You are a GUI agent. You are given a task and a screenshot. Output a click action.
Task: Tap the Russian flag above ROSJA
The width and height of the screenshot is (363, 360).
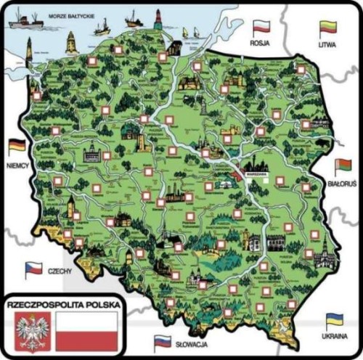coord(261,28)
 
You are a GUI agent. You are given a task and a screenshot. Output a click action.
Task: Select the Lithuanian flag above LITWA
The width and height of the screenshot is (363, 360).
coord(328,28)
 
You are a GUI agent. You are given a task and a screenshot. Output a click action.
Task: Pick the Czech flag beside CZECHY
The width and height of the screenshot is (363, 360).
coord(33,270)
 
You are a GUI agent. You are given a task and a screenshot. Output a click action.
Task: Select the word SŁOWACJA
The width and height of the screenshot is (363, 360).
coord(192,342)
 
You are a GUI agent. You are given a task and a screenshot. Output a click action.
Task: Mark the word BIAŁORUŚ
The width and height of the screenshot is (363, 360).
coord(341,186)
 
